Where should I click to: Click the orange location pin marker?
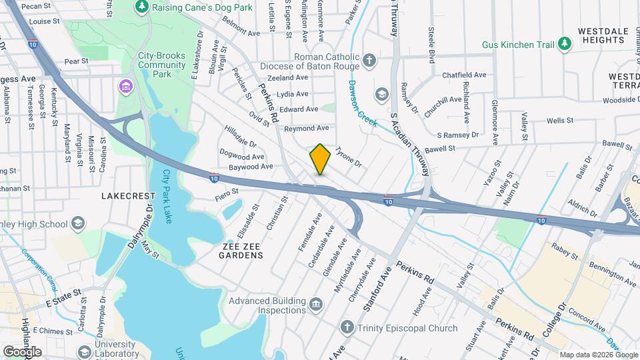tap(320, 159)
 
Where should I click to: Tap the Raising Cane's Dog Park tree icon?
tap(141, 7)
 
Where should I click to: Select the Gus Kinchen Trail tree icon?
tap(565, 45)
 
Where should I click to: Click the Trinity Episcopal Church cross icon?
tap(346, 327)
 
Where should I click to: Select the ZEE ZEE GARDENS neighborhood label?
tap(243, 255)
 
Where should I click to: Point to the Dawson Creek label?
tap(362, 104)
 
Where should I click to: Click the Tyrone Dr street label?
tap(347, 157)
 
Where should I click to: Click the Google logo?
tap(21, 351)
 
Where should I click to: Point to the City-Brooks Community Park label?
tap(161, 65)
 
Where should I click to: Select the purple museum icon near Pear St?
tap(124, 87)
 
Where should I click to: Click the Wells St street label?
tap(560, 121)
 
